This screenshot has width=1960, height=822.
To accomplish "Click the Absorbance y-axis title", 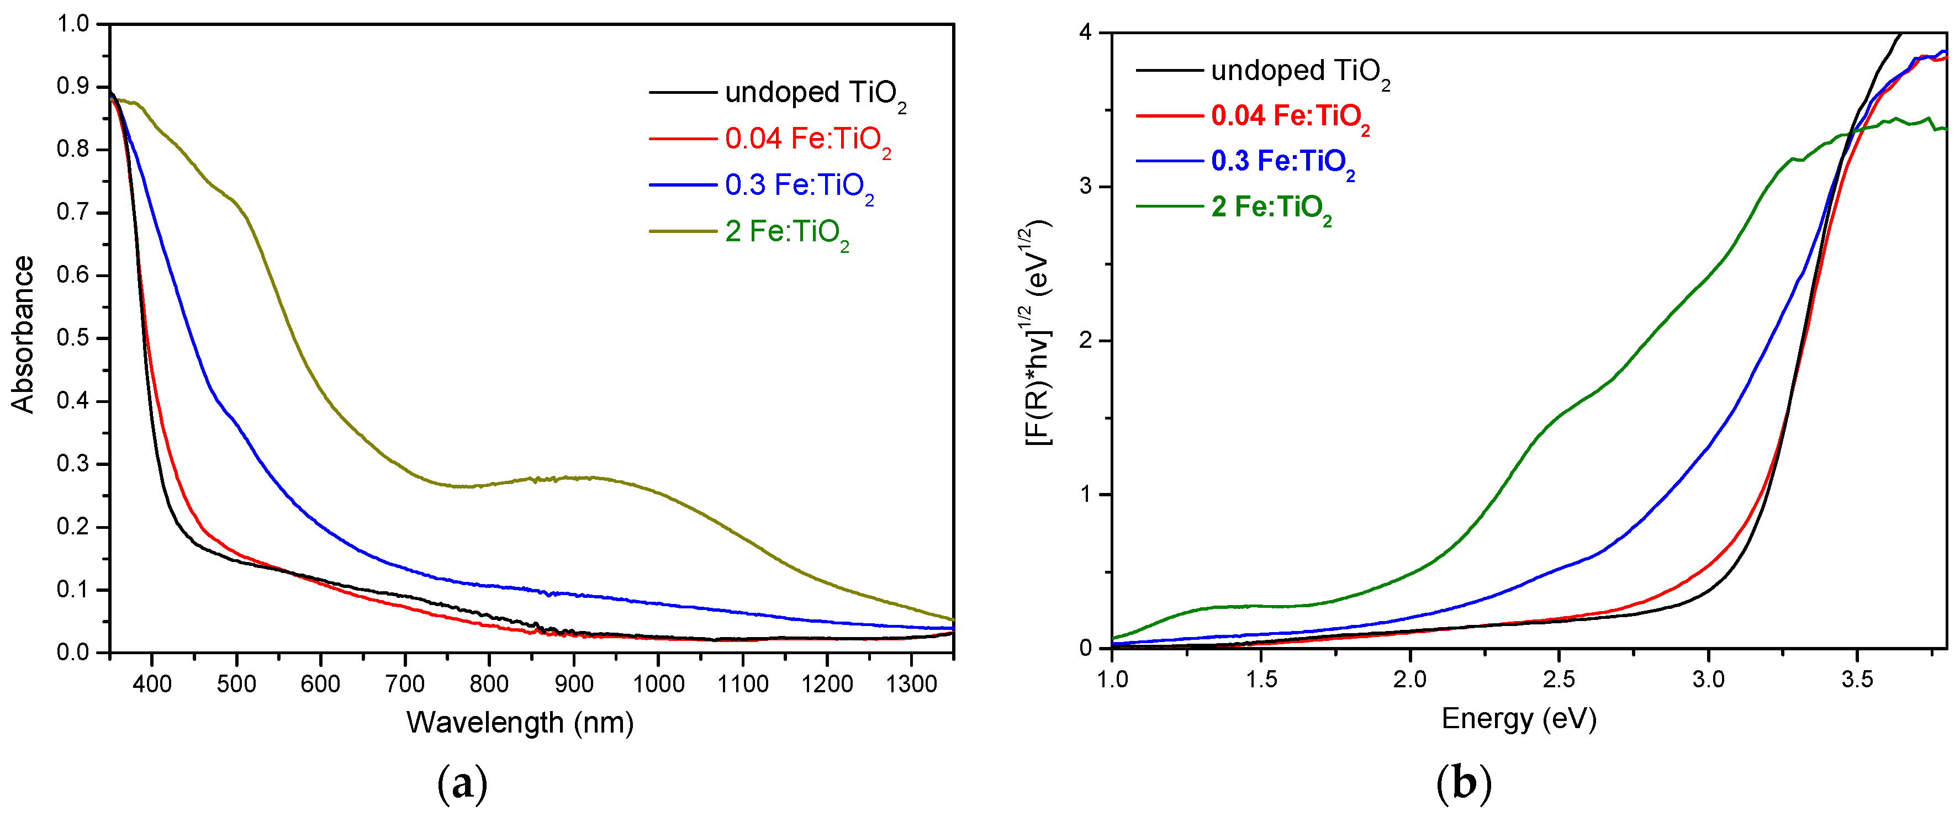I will pos(23,335).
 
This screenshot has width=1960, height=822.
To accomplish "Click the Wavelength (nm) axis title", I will pos(520,723).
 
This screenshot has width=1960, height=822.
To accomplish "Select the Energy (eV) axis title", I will pos(1519,719).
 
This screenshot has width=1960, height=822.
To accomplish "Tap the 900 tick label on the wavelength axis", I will pos(574,683).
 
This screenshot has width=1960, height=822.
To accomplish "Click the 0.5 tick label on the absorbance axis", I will pos(73,338).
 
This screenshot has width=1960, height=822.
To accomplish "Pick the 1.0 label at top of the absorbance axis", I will pos(73,24).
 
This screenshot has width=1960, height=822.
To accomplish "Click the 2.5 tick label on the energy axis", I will pos(1559,679).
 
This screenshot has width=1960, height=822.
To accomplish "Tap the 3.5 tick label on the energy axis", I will pos(1857,679).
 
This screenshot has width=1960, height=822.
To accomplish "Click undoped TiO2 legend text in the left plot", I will pos(815,93).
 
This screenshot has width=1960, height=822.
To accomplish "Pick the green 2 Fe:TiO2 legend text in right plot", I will pos(1271,208).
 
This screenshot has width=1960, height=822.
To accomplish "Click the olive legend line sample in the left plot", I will pos(683,230).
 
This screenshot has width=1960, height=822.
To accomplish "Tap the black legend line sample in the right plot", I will pos(1170,71).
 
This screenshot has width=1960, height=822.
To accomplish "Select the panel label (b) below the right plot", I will pos(1463,783).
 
